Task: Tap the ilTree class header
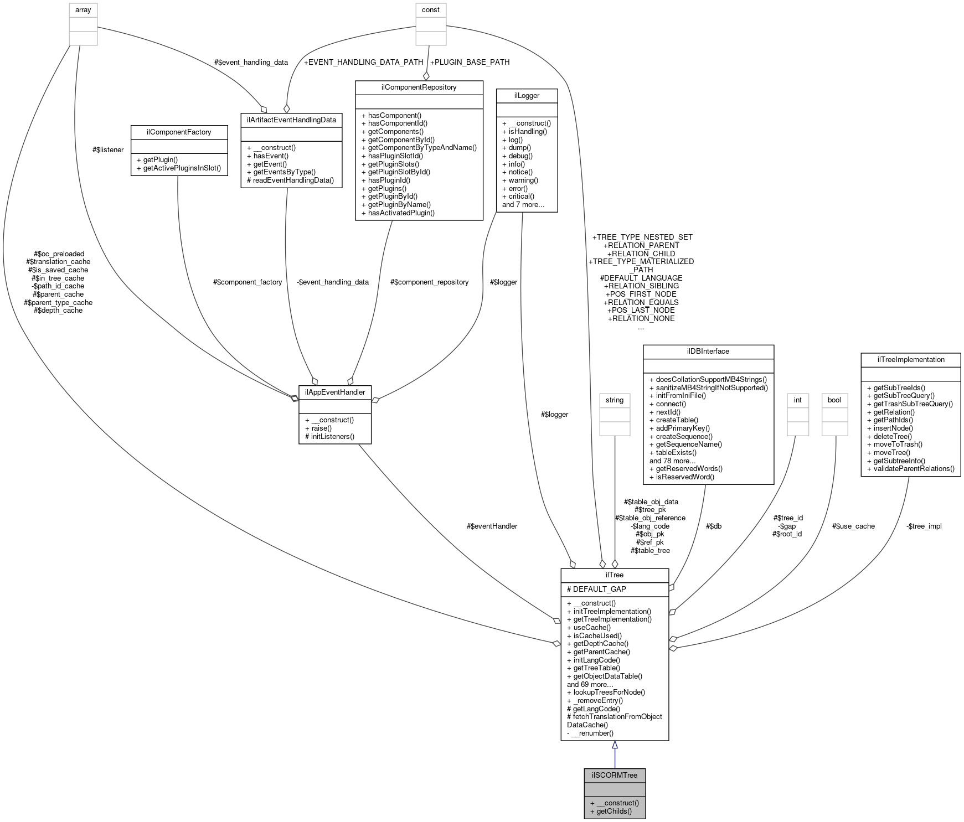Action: (615, 575)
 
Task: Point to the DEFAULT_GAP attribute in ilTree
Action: (596, 589)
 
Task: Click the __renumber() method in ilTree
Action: (592, 733)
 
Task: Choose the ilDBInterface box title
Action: (708, 351)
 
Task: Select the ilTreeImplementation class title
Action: (910, 360)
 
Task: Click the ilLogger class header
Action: (527, 96)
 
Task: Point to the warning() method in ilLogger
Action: (520, 180)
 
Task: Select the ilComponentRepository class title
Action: (419, 87)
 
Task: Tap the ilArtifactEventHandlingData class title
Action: (291, 120)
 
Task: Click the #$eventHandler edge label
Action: (492, 526)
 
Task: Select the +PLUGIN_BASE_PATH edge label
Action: (470, 62)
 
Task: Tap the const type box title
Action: (431, 10)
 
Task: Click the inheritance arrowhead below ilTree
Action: (615, 746)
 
